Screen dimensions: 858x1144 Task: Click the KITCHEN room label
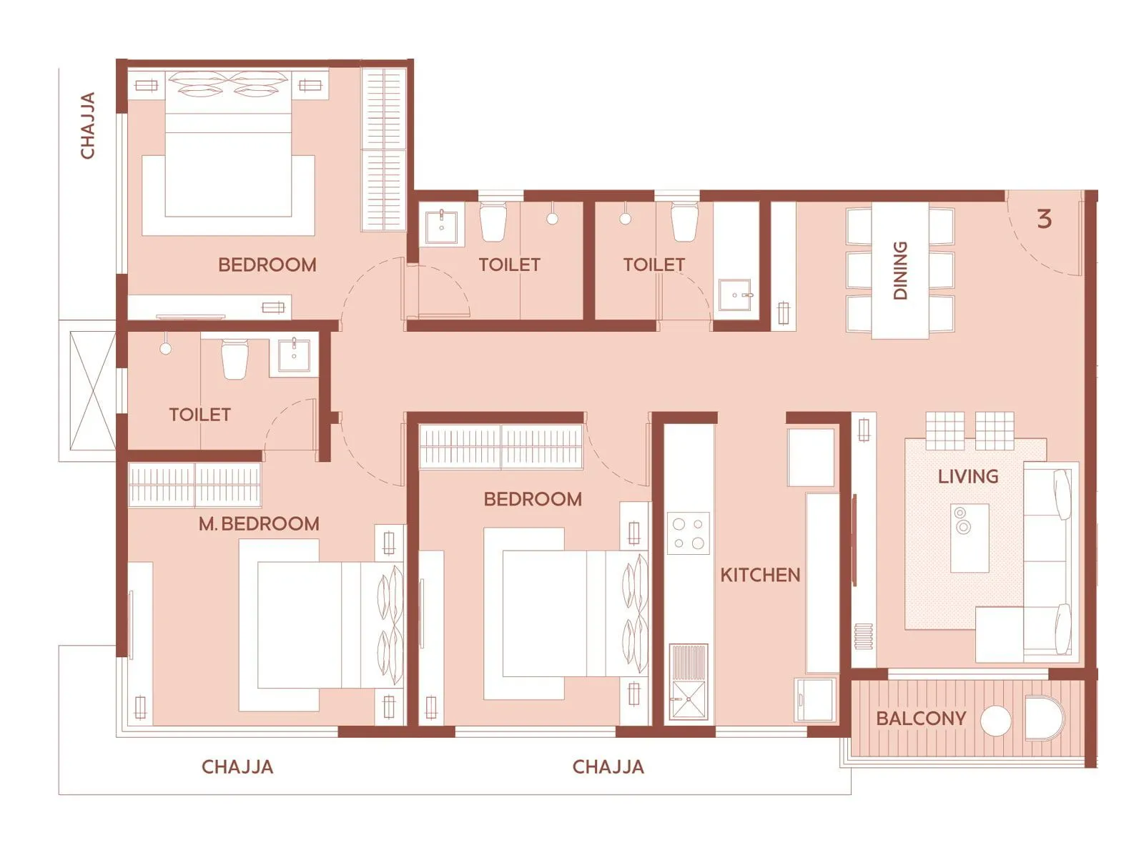pyautogui.click(x=759, y=575)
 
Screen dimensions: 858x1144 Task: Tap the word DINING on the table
pyautogui.click(x=900, y=270)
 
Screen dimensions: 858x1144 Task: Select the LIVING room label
pyautogui.click(x=967, y=476)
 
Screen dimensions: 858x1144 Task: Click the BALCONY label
pyautogui.click(x=921, y=719)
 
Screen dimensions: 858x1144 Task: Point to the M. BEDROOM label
pyautogui.click(x=259, y=524)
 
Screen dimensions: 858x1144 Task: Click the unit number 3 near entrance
pyautogui.click(x=1044, y=219)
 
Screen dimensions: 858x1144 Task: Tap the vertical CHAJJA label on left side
pyautogui.click(x=88, y=125)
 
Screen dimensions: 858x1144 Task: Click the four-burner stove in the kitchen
pyautogui.click(x=688, y=533)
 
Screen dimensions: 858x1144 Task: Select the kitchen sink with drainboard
pyautogui.click(x=688, y=683)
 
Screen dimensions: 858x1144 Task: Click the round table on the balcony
pyautogui.click(x=995, y=721)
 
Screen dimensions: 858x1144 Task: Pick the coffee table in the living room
pyautogui.click(x=970, y=538)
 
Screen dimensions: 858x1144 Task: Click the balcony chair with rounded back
pyautogui.click(x=1044, y=719)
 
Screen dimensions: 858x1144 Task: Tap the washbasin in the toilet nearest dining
pyautogui.click(x=734, y=295)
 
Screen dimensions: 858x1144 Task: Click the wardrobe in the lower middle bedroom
pyautogui.click(x=500, y=447)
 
